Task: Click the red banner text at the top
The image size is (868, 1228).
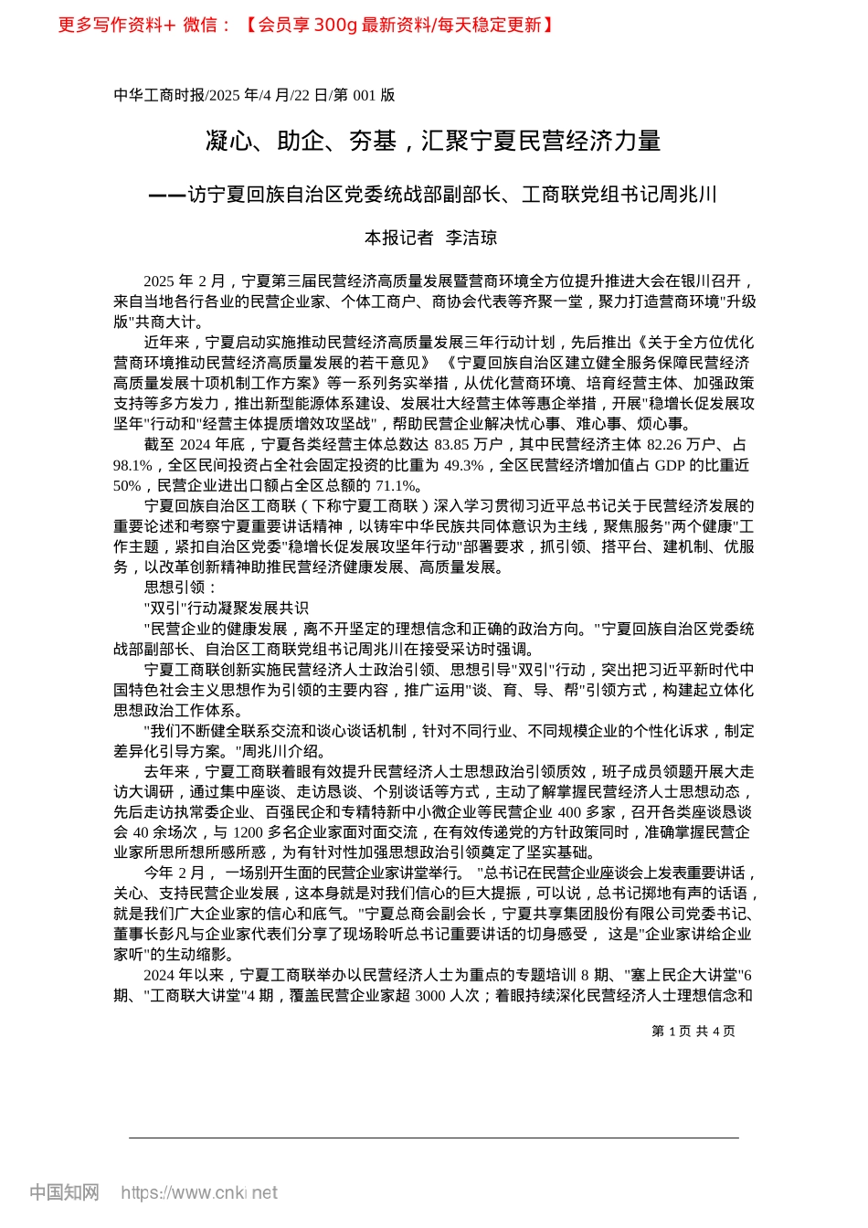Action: [306, 25]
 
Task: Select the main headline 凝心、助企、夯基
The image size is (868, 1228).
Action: [301, 142]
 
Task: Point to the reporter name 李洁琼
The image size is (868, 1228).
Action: [471, 238]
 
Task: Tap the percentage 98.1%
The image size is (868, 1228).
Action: [133, 465]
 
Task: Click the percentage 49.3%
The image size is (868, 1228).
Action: [463, 465]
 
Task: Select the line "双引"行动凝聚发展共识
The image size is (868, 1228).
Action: [227, 608]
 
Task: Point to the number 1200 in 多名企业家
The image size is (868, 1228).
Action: [248, 832]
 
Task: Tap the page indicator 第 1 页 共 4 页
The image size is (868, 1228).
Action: [693, 1032]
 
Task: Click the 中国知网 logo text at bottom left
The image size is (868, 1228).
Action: [64, 1192]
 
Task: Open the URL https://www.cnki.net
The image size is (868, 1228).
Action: [199, 1192]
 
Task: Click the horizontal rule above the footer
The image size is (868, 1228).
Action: [433, 1138]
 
